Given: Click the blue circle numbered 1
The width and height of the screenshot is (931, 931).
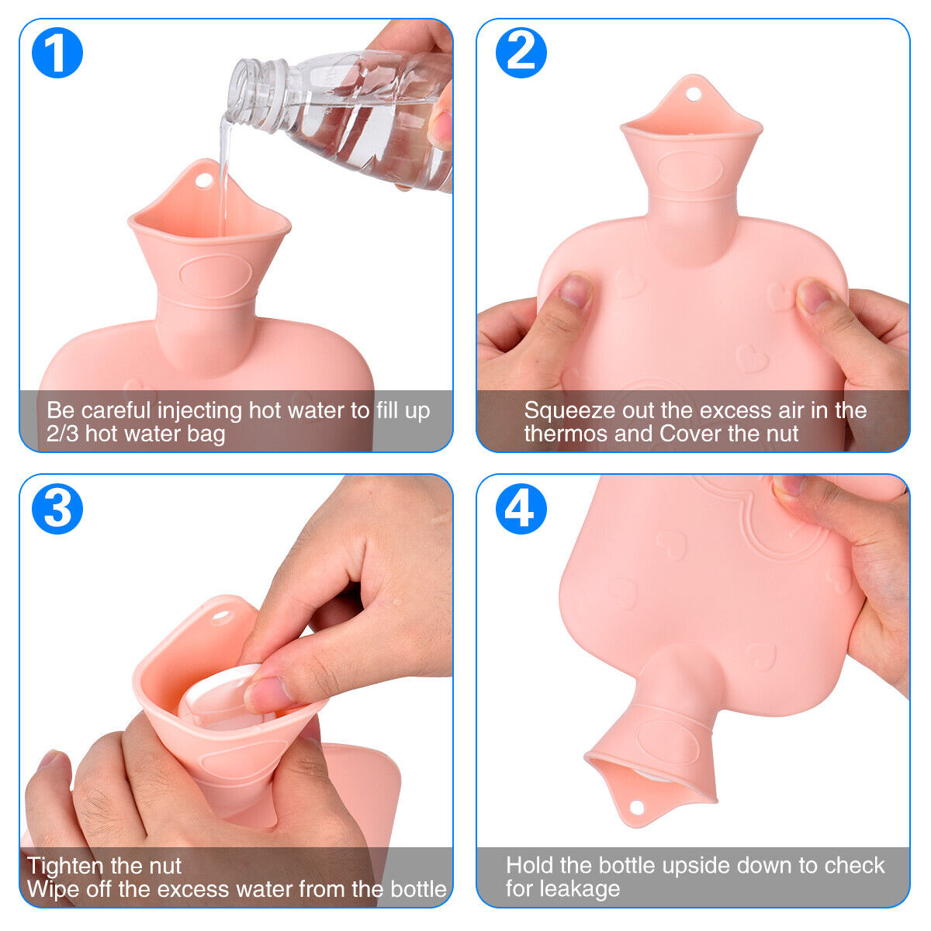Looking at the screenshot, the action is coord(57,53).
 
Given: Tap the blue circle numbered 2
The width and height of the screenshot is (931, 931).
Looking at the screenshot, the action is coord(521,53).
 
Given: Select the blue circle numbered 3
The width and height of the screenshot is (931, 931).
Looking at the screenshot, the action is coord(57,509).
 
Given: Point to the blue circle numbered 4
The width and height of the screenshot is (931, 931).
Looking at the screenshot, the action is coord(521,509).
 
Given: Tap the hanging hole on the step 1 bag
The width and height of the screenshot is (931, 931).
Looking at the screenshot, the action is coord(203,181).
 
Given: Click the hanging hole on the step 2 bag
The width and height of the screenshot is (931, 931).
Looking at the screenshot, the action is coord(694,94).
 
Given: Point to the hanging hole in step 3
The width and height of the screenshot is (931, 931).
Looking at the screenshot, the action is coord(221,617).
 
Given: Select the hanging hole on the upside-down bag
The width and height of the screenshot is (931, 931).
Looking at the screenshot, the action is coord(637,806).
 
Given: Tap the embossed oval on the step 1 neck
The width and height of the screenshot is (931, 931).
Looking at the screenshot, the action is coord(216,276).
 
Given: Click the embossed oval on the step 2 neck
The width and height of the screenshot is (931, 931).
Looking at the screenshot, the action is coord(690,171).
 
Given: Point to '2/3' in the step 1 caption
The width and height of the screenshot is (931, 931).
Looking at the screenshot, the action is coord(62,434).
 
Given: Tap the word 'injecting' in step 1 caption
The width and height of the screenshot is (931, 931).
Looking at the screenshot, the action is coord(199,411).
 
